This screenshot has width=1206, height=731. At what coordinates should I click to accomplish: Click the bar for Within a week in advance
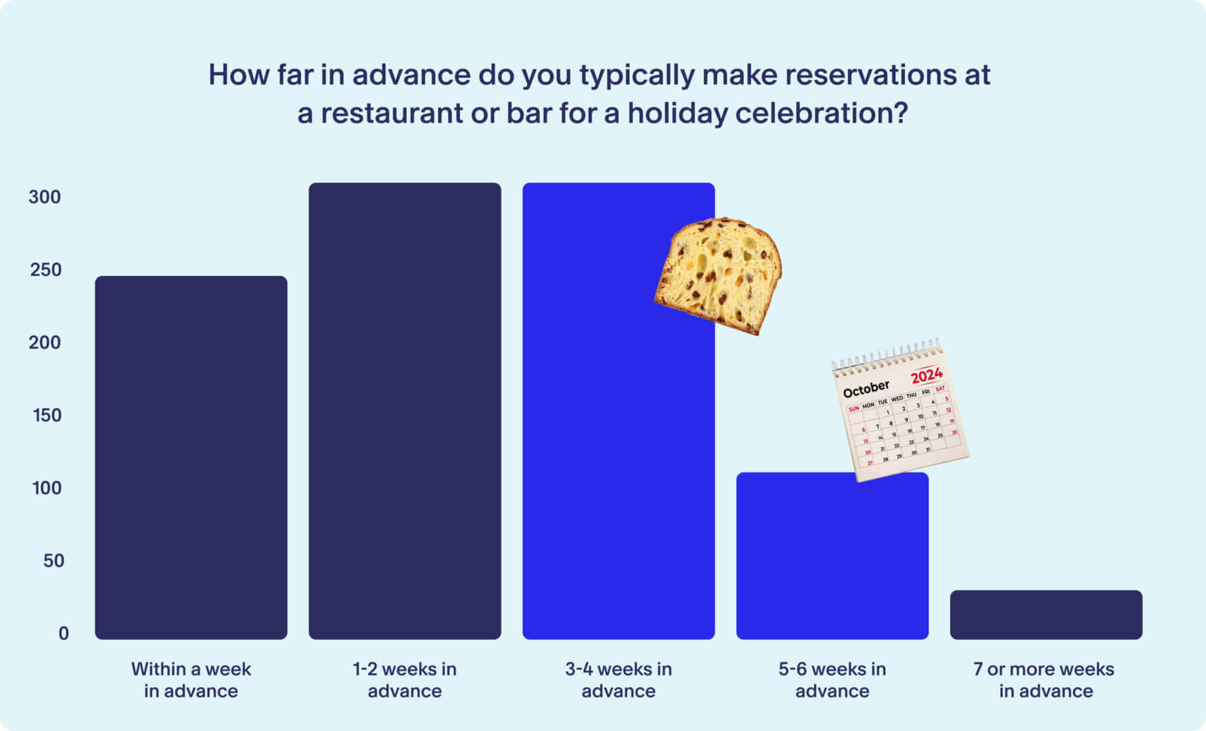(x=191, y=457)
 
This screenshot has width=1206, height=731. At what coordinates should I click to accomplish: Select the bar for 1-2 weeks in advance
(x=405, y=410)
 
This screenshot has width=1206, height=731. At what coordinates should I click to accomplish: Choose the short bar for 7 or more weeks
(x=1046, y=615)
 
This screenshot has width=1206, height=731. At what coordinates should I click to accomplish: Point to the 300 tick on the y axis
(x=45, y=197)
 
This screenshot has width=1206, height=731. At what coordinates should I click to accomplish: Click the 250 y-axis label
(x=45, y=270)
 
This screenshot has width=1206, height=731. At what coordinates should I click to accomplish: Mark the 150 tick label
(x=47, y=415)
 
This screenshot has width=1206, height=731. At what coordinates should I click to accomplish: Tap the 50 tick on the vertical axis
(x=53, y=560)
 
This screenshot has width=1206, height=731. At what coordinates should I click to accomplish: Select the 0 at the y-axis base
(x=64, y=634)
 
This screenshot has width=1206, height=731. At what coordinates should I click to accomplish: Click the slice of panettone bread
(x=719, y=274)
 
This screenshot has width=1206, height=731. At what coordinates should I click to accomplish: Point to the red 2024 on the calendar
(x=926, y=375)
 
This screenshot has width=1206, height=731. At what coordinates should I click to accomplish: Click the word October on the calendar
(x=866, y=389)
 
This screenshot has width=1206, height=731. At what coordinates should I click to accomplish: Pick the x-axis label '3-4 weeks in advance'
(x=618, y=680)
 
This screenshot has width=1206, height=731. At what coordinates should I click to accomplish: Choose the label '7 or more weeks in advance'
(x=1045, y=680)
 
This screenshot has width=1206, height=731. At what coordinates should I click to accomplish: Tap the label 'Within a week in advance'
(x=191, y=680)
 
